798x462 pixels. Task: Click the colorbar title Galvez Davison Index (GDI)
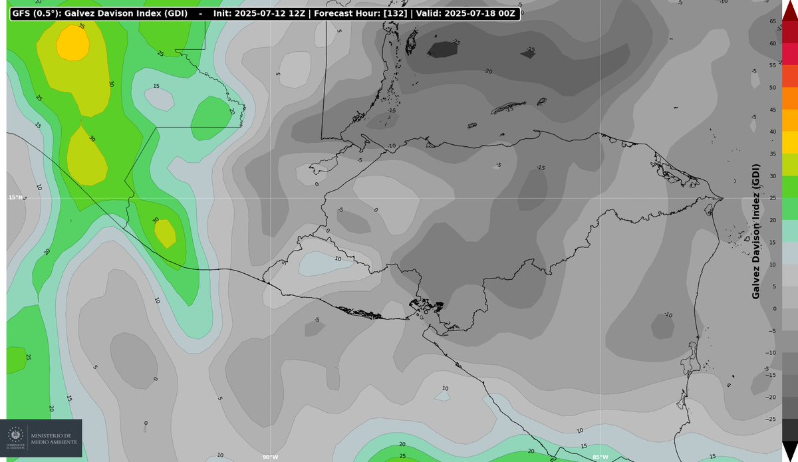(756, 231)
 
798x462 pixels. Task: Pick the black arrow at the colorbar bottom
(789, 451)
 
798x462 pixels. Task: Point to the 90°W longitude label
(269, 457)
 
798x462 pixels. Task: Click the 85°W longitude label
(600, 457)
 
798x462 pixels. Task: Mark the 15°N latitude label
(17, 197)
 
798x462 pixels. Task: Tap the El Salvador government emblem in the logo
(14, 437)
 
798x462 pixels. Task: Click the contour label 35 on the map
(81, 26)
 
